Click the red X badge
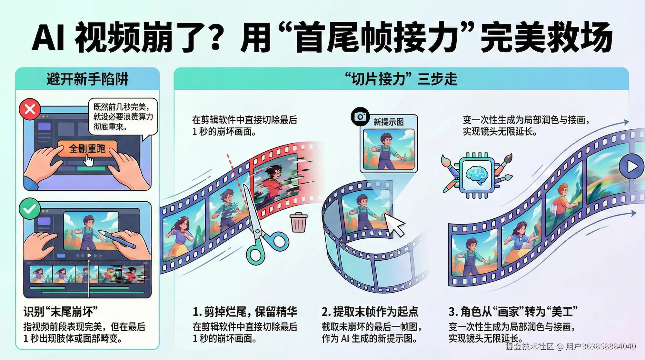[30, 109]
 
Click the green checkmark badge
[30, 209]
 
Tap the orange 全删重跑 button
[87, 149]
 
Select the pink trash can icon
[299, 222]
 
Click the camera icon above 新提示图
[360, 116]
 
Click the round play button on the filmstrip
[631, 166]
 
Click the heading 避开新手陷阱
[87, 79]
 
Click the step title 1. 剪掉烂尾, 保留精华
[245, 312]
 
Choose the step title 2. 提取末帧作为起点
[370, 312]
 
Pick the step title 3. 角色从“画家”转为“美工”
[513, 312]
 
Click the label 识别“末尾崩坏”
[61, 312]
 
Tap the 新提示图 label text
[389, 122]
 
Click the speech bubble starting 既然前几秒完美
[123, 117]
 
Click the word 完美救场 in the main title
[546, 37]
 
